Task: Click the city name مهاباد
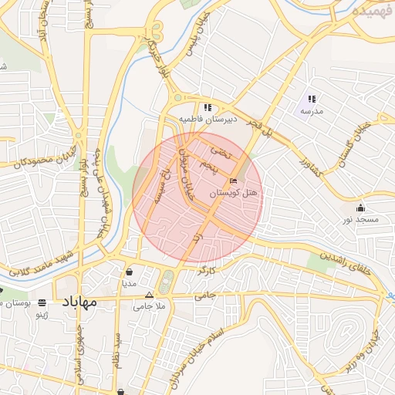(x=77, y=301)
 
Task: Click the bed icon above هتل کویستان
(x=234, y=181)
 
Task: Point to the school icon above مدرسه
(x=312, y=99)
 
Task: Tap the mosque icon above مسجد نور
(x=360, y=208)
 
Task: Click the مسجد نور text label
(x=361, y=220)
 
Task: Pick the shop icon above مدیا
(x=129, y=272)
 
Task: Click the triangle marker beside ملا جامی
(x=150, y=295)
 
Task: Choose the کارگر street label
(x=206, y=272)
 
